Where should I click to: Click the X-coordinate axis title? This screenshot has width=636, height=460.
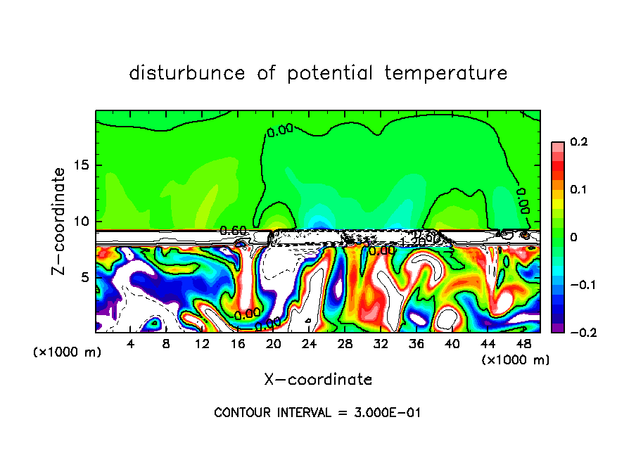[318, 380]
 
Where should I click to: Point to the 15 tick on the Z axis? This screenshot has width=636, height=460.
[82, 165]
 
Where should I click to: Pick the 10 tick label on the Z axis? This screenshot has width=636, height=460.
[82, 222]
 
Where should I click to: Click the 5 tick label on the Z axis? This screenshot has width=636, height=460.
[86, 278]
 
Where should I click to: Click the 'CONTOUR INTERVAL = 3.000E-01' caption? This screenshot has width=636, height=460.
[317, 413]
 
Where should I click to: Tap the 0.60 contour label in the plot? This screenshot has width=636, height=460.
[232, 231]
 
